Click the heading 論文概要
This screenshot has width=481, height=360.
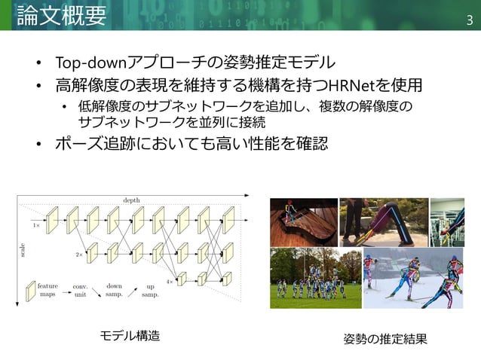click(x=61, y=15)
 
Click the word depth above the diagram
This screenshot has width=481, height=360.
click(x=131, y=199)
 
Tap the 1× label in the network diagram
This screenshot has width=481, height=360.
click(x=36, y=224)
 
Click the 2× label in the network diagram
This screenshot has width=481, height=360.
click(x=78, y=256)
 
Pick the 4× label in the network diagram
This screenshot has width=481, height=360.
click(x=170, y=281)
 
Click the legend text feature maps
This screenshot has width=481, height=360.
click(x=47, y=290)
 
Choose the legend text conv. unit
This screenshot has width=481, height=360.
click(x=81, y=290)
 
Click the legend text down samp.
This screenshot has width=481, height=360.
click(x=114, y=290)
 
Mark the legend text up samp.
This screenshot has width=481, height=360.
click(x=151, y=290)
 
